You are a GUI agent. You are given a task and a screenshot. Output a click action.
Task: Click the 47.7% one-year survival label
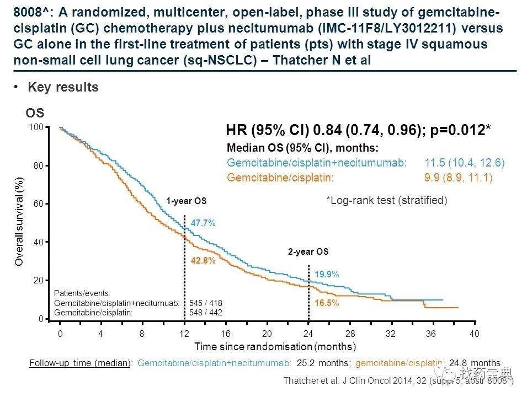point(203,223)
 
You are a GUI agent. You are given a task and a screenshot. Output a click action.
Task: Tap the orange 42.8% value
point(203,261)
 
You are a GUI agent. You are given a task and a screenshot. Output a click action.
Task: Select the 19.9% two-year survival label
point(327,274)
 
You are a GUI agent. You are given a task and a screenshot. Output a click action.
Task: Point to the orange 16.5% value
point(327,303)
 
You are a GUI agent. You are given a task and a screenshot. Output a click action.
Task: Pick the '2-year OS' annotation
point(308,252)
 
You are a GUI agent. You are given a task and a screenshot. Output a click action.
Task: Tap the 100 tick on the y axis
point(36,127)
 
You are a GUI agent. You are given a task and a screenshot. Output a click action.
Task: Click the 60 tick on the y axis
point(39,204)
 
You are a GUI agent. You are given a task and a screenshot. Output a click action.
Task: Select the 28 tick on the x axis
point(349,334)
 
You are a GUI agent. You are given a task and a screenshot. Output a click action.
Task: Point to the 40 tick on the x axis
point(474,334)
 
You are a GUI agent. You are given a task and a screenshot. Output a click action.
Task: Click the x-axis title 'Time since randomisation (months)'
point(275,347)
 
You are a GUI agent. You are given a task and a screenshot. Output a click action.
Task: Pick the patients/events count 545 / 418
point(205,303)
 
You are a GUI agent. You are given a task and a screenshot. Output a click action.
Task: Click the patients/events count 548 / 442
point(205,312)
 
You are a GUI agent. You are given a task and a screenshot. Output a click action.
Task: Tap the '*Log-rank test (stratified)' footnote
point(386,200)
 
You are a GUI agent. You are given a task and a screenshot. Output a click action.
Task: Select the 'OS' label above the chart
point(35,114)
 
